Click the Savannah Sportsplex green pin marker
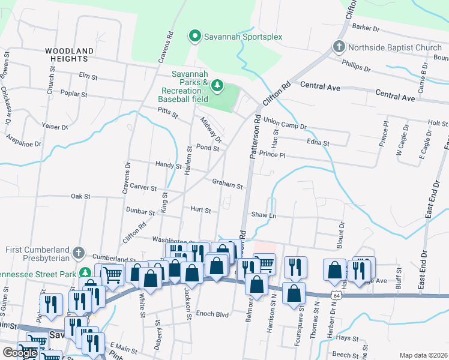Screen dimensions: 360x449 tap(194, 37)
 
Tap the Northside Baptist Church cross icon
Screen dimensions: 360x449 tap(339, 47)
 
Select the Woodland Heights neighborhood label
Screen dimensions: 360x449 tap(70, 55)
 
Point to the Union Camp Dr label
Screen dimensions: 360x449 tap(285, 127)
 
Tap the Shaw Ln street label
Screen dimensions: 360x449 tap(264, 215)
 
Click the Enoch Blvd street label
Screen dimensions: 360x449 tap(212, 314)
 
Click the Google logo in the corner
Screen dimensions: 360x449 tap(20, 353)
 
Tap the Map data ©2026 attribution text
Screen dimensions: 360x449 tap(424, 355)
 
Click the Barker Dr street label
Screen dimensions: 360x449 tap(367, 28)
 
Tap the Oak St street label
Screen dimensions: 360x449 tap(80, 196)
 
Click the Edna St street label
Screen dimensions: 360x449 tap(318, 143)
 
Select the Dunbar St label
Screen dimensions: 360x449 tap(141, 211)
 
